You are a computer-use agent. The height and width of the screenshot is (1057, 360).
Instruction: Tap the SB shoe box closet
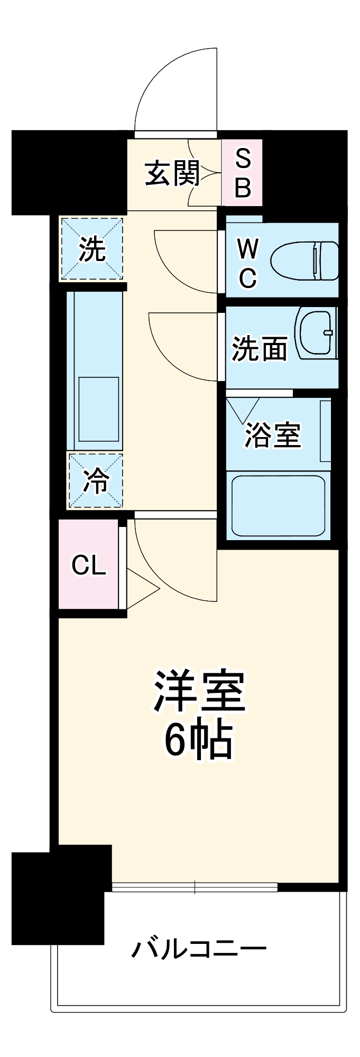pos(242,173)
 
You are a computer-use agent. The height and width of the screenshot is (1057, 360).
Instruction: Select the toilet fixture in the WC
pos(306,261)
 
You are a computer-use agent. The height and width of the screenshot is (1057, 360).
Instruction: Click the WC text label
pos(247,263)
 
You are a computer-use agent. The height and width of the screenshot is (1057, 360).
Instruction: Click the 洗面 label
pos(259,349)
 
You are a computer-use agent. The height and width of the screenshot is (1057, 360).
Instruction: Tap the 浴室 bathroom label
pos(272,435)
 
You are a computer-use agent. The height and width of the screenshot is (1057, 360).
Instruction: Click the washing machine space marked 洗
pos(92,248)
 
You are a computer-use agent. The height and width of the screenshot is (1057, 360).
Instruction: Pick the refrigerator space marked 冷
pos(95,481)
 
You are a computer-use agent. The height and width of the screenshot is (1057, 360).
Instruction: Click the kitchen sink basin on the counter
pos(99,409)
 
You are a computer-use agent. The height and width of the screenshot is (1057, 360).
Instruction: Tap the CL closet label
pos(89,565)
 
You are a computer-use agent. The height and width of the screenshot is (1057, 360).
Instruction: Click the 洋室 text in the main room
pos(199,691)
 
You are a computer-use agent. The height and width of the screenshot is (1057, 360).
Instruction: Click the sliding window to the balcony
pos(195,887)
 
